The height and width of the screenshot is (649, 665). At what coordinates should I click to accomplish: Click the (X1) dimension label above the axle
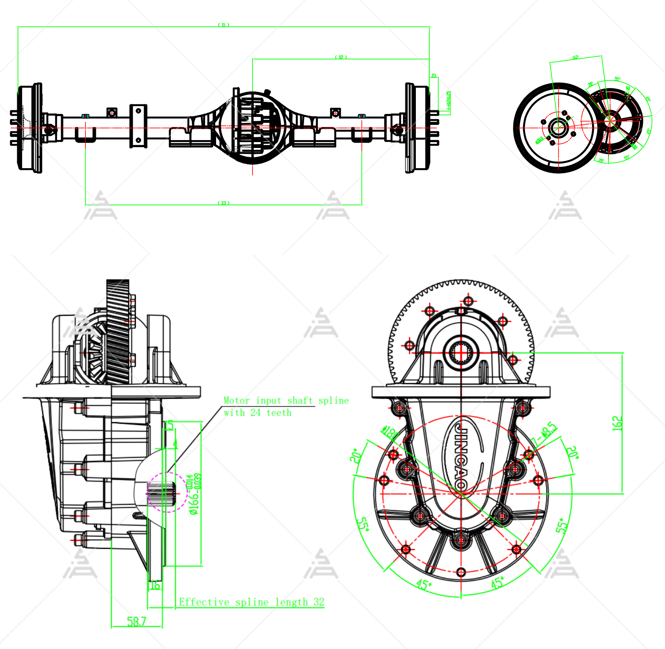click(224, 25)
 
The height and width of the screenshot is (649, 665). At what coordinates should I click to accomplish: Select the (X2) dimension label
click(341, 57)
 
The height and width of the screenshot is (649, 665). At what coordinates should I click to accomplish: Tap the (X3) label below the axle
click(224, 203)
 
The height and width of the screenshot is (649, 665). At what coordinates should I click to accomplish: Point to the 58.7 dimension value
click(137, 621)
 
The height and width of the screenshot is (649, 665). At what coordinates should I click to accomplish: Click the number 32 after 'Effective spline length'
click(319, 602)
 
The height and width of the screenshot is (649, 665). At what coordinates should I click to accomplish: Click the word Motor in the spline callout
click(236, 400)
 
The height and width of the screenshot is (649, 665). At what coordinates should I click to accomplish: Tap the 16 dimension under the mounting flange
click(155, 585)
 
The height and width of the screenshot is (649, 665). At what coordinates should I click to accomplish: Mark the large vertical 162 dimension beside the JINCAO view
click(618, 423)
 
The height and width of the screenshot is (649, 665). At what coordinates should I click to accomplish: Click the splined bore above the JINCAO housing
click(461, 352)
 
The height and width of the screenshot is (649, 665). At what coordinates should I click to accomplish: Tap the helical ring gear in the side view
click(118, 331)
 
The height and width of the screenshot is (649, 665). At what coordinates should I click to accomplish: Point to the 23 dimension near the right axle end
click(434, 76)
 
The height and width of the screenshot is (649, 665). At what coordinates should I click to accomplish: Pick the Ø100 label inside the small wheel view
click(539, 139)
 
